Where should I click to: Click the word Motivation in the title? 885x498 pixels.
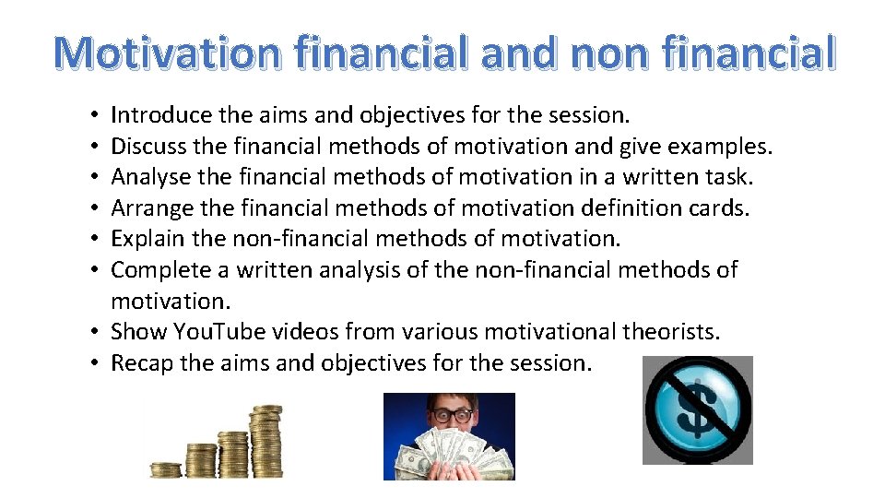coord(163,53)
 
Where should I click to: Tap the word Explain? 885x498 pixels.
coord(145,239)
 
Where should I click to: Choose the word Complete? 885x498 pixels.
coord(156,270)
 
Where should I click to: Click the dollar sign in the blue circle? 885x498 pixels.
coord(697,409)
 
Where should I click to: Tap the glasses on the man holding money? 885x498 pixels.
coord(450,416)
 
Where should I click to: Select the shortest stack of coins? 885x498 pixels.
coord(166,469)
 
